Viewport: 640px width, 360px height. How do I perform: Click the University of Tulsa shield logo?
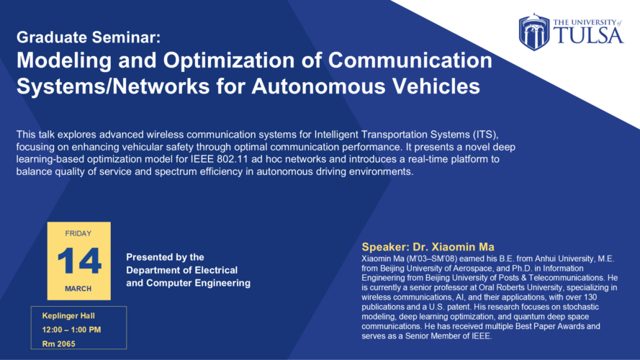534,32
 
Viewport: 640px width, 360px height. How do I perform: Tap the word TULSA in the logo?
589,35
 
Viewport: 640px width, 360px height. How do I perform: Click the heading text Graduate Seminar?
89,37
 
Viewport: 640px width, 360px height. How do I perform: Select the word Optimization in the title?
229,60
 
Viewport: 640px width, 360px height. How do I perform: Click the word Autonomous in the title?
318,86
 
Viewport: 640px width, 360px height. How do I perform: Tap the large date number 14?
79,261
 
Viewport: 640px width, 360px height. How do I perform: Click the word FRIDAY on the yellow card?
78,233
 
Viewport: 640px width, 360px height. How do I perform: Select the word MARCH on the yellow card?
78,289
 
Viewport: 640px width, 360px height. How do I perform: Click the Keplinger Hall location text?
68,316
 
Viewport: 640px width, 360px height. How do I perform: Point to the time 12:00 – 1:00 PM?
71,330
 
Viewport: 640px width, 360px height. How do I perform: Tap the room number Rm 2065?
59,343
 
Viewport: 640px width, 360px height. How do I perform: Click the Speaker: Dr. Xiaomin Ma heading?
428,247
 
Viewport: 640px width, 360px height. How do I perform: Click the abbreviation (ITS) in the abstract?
485,135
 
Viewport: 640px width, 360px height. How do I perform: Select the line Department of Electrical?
181,270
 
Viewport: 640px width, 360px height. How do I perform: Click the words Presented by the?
165,257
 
